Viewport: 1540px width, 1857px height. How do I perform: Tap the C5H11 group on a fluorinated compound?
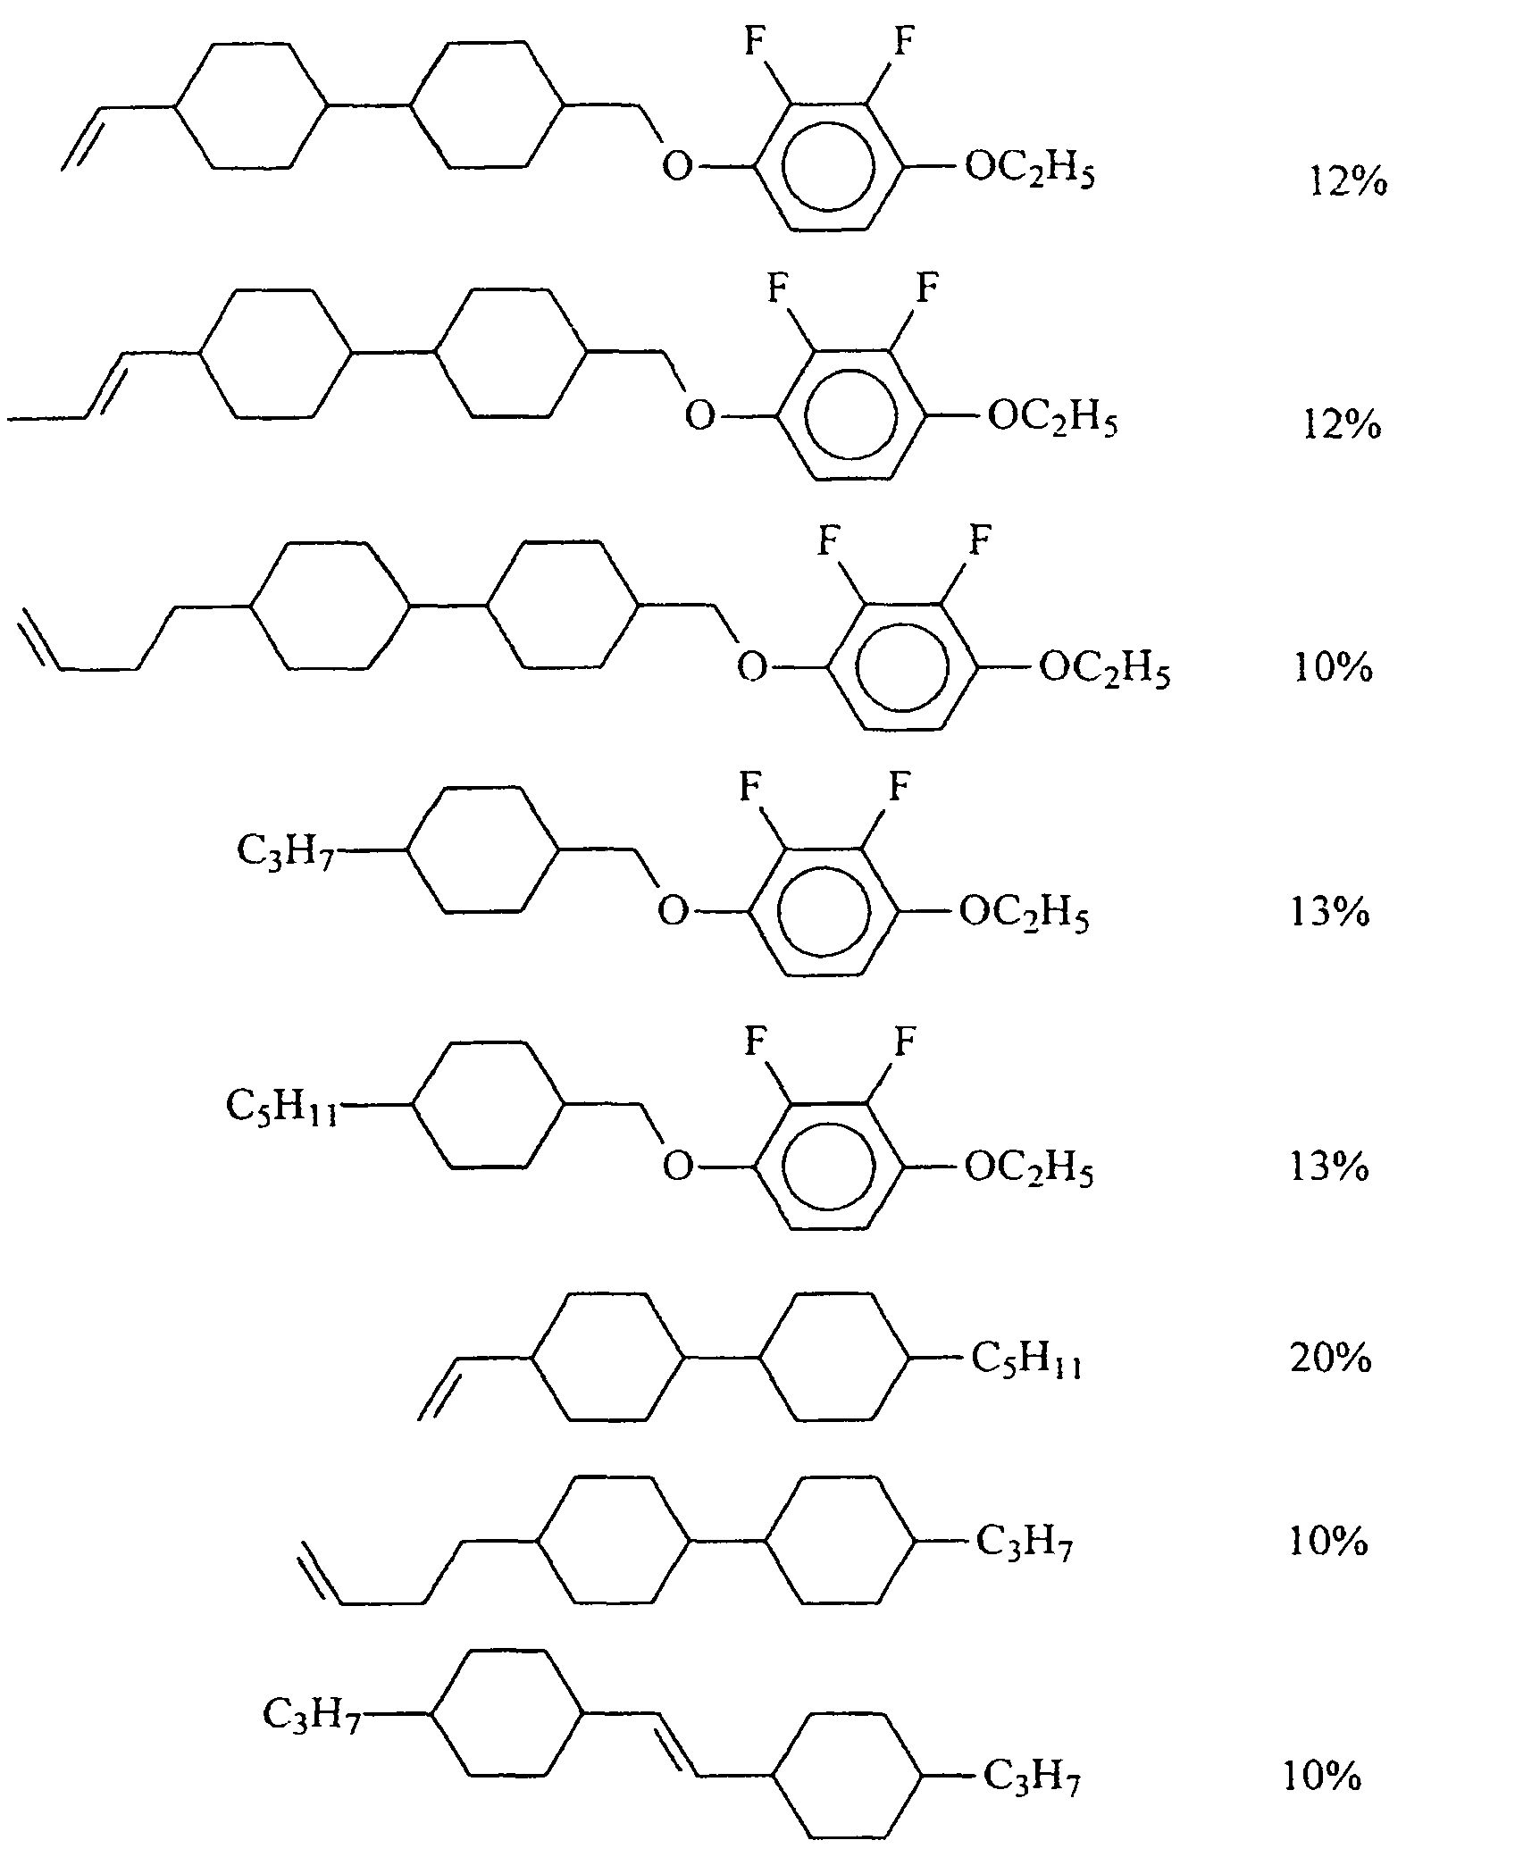[281, 1107]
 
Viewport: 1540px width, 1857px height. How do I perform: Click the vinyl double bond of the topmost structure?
[82, 139]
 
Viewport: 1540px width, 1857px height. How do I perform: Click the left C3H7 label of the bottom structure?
[311, 1712]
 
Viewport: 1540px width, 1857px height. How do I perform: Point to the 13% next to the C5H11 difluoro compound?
[1329, 1167]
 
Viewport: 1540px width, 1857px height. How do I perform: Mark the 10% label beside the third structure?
[1333, 667]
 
